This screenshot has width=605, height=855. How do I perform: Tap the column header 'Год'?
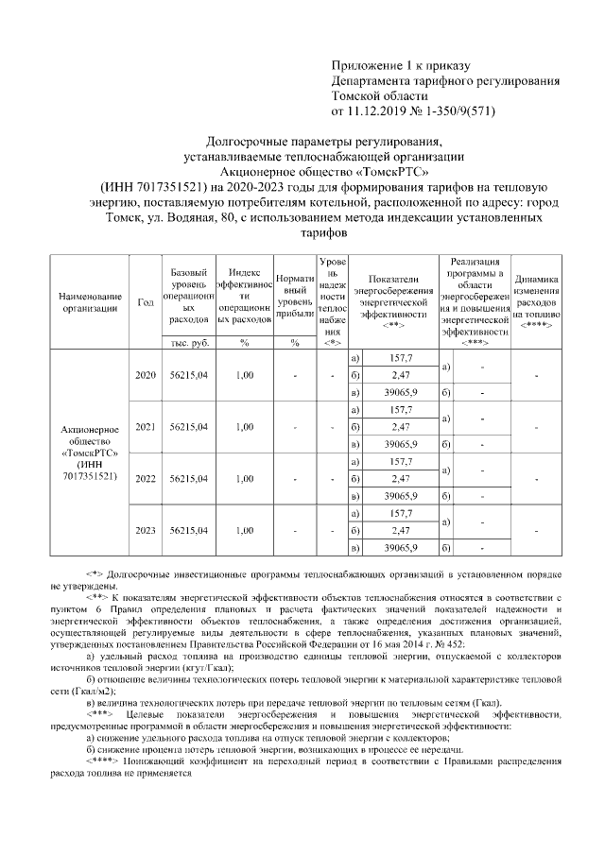coord(146,302)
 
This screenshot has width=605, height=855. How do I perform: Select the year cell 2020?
coord(146,375)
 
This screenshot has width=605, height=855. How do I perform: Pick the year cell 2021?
coord(146,427)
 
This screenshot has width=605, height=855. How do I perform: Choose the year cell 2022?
coord(146,479)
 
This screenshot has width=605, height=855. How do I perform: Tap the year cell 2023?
coord(146,531)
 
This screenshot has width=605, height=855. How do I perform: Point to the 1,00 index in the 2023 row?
coord(244,531)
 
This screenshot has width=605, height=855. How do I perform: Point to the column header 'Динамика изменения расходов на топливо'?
coord(536,295)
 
